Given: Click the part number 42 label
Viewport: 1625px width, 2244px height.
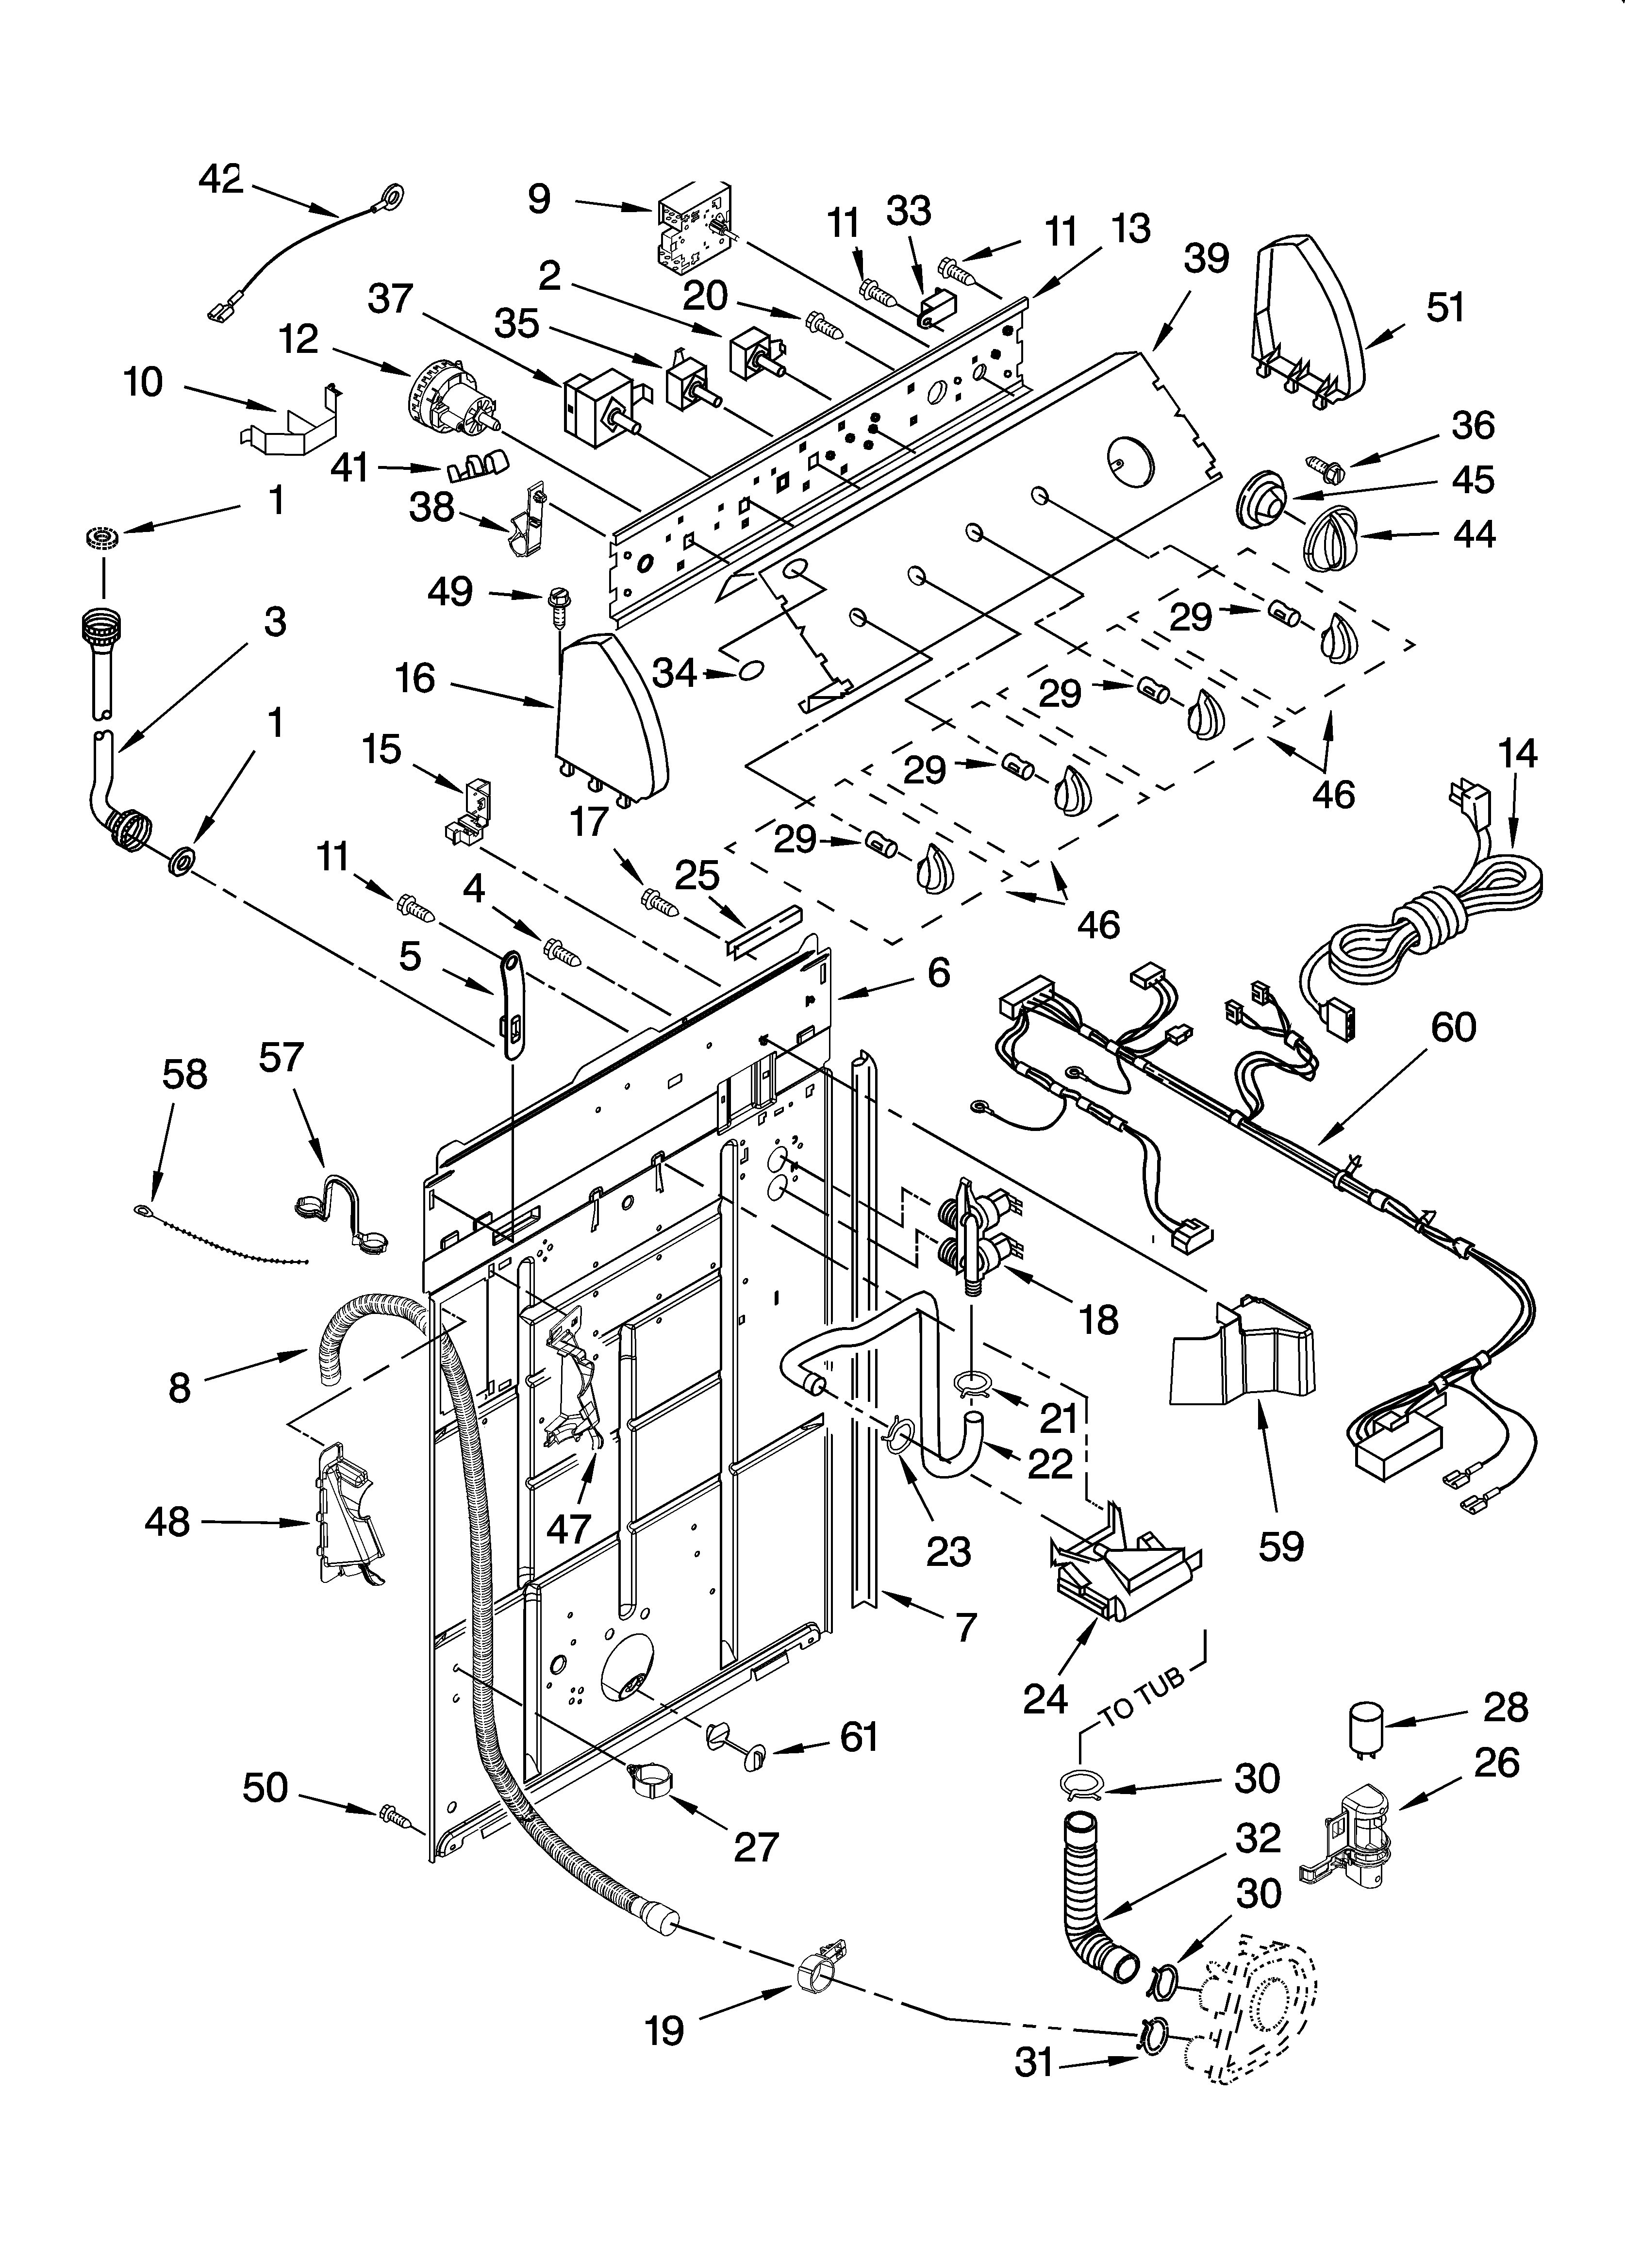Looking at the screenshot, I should click(220, 179).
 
